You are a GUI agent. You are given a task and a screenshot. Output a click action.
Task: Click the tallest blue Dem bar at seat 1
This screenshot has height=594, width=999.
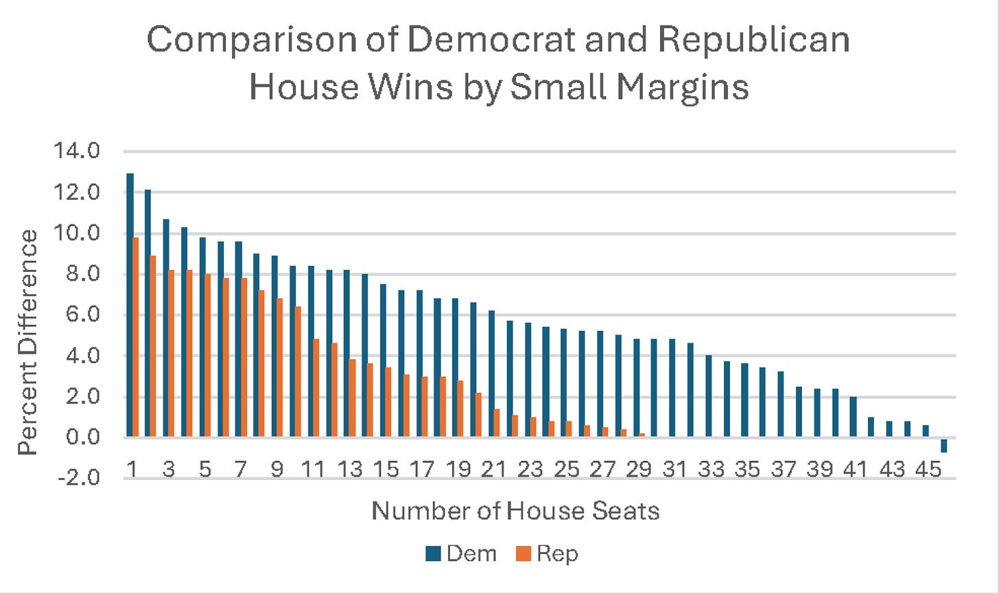[130, 305]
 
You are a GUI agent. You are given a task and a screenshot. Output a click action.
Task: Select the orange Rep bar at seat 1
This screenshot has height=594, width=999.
[136, 337]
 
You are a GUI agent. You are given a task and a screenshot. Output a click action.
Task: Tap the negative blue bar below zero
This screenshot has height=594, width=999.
[944, 445]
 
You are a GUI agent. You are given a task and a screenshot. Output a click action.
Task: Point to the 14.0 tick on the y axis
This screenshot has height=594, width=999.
[82, 151]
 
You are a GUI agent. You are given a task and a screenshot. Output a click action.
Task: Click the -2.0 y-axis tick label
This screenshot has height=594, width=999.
[82, 479]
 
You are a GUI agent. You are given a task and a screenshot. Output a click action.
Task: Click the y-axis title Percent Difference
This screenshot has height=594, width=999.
[28, 342]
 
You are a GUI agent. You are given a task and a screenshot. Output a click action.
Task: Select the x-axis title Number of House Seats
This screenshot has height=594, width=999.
[515, 511]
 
